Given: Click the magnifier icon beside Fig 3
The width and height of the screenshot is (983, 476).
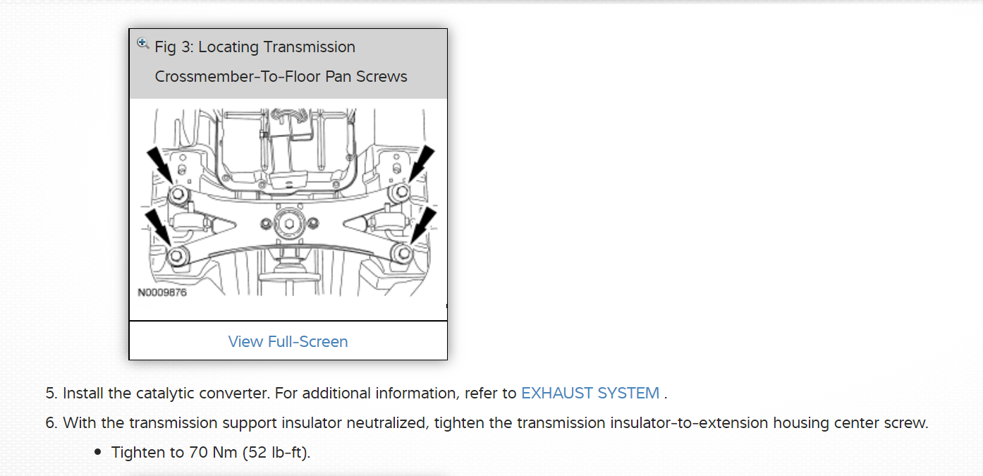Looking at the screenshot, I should (142, 43).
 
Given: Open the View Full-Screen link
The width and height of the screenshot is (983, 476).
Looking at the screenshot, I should (288, 341).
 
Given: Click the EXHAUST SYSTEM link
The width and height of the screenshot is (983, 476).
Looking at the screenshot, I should (590, 393).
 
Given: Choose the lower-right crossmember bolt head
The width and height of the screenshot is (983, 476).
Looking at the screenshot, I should (403, 253).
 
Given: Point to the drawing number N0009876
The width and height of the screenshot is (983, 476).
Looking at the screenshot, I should (162, 292).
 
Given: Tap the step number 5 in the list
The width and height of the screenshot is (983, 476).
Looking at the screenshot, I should (50, 393).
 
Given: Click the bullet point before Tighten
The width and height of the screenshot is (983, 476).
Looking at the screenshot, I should (99, 452).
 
